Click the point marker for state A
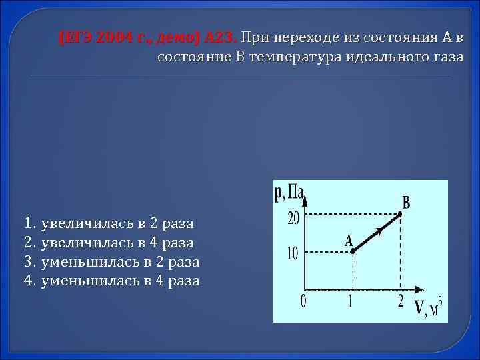pos(353,251)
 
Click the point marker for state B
pos(400,213)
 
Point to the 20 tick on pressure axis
pos(294,219)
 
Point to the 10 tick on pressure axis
pos(294,253)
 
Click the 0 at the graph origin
pos(303,301)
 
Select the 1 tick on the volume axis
pos(351,301)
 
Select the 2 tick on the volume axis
pos(400,301)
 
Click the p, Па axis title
pos(289,193)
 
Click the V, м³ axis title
pos(429,308)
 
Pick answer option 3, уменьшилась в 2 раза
pos(111,261)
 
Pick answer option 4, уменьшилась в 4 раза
pos(111,281)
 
